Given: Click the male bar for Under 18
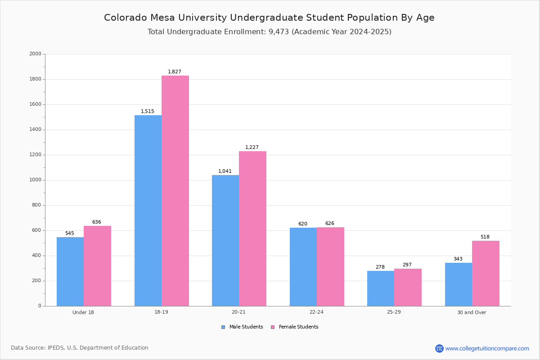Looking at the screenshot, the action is point(70,271).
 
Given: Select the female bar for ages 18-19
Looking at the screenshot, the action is point(175,191).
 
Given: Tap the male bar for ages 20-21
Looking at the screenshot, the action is point(225,241).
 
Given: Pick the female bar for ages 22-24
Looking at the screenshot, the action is point(330,267).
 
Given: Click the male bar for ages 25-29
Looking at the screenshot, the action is point(381,288).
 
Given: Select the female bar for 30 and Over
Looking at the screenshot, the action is point(486,274).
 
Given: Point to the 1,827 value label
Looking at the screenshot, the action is point(175,72).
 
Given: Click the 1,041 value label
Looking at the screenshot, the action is point(225,171).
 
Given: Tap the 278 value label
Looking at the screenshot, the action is point(380,267).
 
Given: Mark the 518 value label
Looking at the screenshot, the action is point(485,237).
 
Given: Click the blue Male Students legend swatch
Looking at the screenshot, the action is point(223,327).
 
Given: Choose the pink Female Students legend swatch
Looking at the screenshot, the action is point(273,327).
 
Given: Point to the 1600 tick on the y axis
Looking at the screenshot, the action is point(35,104).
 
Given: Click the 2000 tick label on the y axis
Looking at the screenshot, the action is point(35,54).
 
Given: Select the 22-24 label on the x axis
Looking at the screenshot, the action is point(316,312).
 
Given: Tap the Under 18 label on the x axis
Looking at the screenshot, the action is point(83,312).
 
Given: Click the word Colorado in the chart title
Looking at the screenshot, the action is point(126,18).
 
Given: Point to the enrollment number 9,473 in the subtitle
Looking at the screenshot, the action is point(279,32).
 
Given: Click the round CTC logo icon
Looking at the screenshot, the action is point(439,348).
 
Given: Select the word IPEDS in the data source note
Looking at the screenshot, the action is point(56,348).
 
